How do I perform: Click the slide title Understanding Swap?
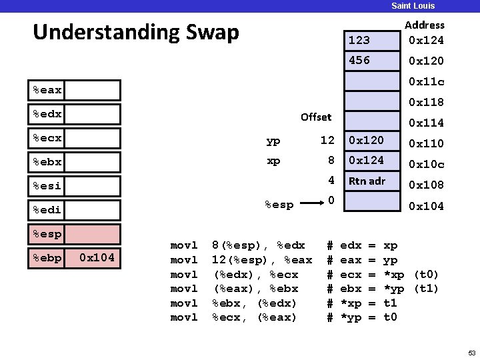pyautogui.click(x=135, y=31)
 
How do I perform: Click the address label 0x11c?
pyautogui.click(x=426, y=81)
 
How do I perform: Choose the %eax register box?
pyautogui.click(x=74, y=90)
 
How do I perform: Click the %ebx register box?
pyautogui.click(x=74, y=162)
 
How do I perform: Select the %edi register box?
pyautogui.click(x=74, y=210)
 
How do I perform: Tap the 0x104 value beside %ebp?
pyautogui.click(x=97, y=257)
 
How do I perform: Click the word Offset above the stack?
pyautogui.click(x=315, y=117)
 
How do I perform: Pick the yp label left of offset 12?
pyautogui.click(x=273, y=141)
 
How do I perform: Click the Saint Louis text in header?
pyautogui.click(x=413, y=5)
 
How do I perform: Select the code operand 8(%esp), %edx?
pyautogui.click(x=258, y=245)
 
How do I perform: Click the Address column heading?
pyautogui.click(x=424, y=25)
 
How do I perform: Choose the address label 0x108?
pyautogui.click(x=426, y=185)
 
